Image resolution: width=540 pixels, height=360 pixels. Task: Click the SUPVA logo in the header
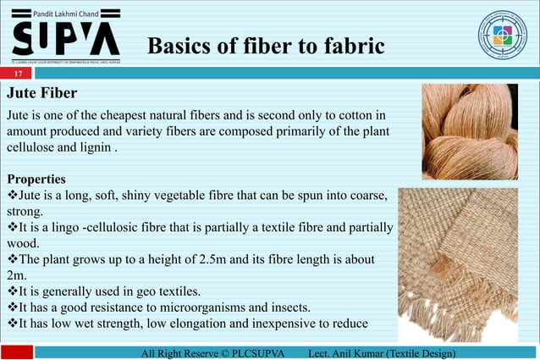point(66,37)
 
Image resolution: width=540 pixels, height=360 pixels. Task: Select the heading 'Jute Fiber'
point(41,92)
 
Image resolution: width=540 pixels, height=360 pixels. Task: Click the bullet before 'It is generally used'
point(12,291)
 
